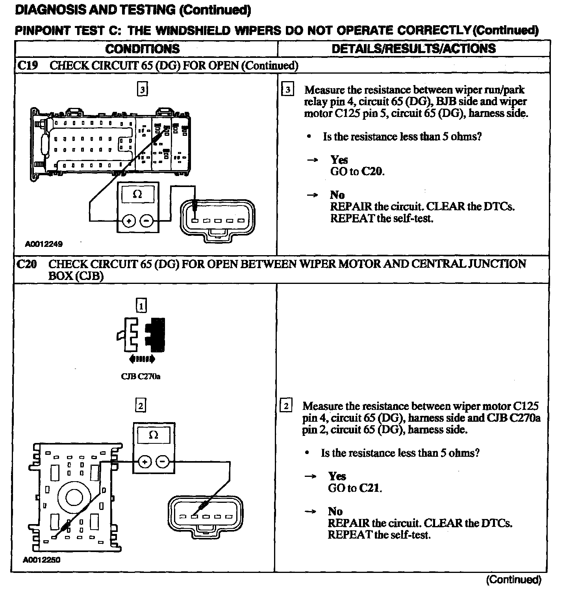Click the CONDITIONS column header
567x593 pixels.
click(142, 49)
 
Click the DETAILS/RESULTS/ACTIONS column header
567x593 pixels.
click(413, 48)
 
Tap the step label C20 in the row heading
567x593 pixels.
click(27, 264)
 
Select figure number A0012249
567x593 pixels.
click(44, 244)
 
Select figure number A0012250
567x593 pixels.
click(42, 560)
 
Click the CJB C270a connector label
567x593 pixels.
click(141, 376)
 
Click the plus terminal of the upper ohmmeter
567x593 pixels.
click(128, 221)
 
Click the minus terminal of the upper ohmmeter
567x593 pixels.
click(147, 221)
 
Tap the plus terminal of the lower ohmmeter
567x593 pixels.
click(145, 462)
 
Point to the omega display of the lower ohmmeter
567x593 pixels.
click(154, 435)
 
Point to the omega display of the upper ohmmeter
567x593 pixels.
click(137, 194)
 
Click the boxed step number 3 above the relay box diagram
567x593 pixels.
click(142, 90)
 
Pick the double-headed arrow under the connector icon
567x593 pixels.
click(142, 359)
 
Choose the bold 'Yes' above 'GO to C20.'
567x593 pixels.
click(339, 160)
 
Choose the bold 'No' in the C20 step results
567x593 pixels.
click(335, 511)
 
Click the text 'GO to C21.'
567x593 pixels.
click(355, 488)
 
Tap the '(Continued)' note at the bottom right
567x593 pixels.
click(513, 580)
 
